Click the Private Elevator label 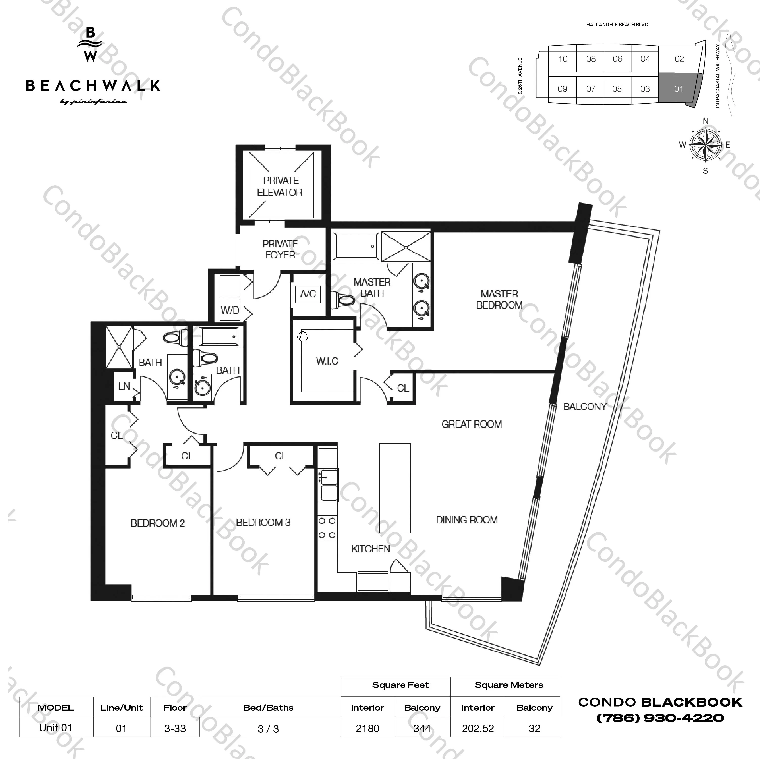point(280,186)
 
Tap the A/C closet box point(308,294)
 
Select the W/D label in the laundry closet point(230,310)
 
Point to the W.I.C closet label point(327,361)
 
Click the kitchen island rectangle point(395,488)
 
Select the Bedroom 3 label point(263,523)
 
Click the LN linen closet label point(124,386)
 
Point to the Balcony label point(585,407)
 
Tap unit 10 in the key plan point(563,59)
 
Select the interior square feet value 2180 point(367,729)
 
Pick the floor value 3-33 point(175,729)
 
